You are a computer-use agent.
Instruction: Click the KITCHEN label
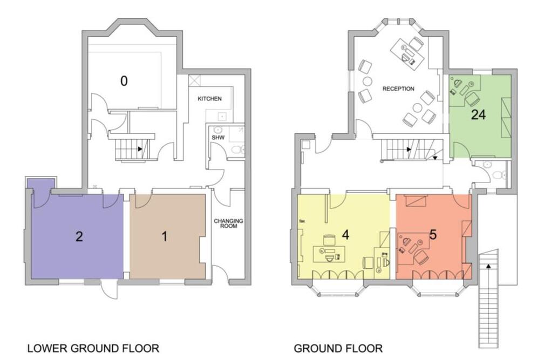pos(209,99)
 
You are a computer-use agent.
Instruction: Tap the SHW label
pos(218,138)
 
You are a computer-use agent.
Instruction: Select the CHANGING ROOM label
pos(228,223)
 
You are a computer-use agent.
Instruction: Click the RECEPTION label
pos(398,89)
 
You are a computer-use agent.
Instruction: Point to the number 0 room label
pos(124,81)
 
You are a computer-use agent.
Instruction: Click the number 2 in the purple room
pos(79,236)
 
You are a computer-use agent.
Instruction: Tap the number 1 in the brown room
pos(165,236)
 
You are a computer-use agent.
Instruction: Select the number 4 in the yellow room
pos(345,235)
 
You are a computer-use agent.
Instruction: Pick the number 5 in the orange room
pos(433,235)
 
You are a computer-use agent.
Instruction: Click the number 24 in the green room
pos(478,115)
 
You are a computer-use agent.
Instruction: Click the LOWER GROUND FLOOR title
pos(93,348)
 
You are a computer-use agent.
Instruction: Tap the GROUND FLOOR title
pos(338,348)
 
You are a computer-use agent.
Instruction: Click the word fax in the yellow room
pos(302,221)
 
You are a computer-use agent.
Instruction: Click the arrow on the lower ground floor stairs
pos(140,149)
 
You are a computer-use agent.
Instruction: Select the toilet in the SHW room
pos(237,150)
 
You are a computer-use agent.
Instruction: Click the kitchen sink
pos(222,117)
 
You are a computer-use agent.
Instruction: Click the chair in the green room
pos(473,98)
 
